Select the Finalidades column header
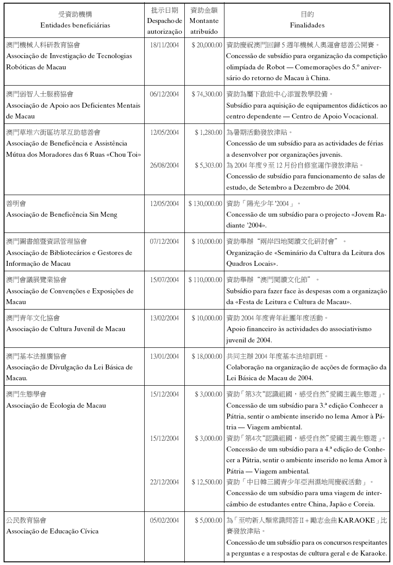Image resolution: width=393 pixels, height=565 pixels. [307, 25]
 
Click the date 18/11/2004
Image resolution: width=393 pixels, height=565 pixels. [165, 45]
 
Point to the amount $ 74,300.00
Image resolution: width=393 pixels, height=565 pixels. [206, 94]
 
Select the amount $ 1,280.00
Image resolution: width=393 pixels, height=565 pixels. [208, 132]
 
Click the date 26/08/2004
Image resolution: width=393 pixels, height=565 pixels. [165, 165]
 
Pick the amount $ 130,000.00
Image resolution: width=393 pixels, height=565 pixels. [205, 204]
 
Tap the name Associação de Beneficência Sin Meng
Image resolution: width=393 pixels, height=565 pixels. [62, 214]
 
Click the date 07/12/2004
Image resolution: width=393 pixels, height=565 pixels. [165, 241]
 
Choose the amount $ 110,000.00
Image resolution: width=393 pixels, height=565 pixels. [205, 280]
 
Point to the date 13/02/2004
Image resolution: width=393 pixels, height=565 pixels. [165, 318]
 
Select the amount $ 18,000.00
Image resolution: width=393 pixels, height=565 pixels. [206, 356]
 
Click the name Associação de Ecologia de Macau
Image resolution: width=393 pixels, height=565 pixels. [56, 406]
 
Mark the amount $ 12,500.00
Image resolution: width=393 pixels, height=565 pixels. [206, 482]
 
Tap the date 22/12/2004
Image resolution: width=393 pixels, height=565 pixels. [165, 482]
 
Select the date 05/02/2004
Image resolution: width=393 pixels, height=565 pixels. [165, 520]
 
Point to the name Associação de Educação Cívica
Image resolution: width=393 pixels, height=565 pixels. [52, 531]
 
